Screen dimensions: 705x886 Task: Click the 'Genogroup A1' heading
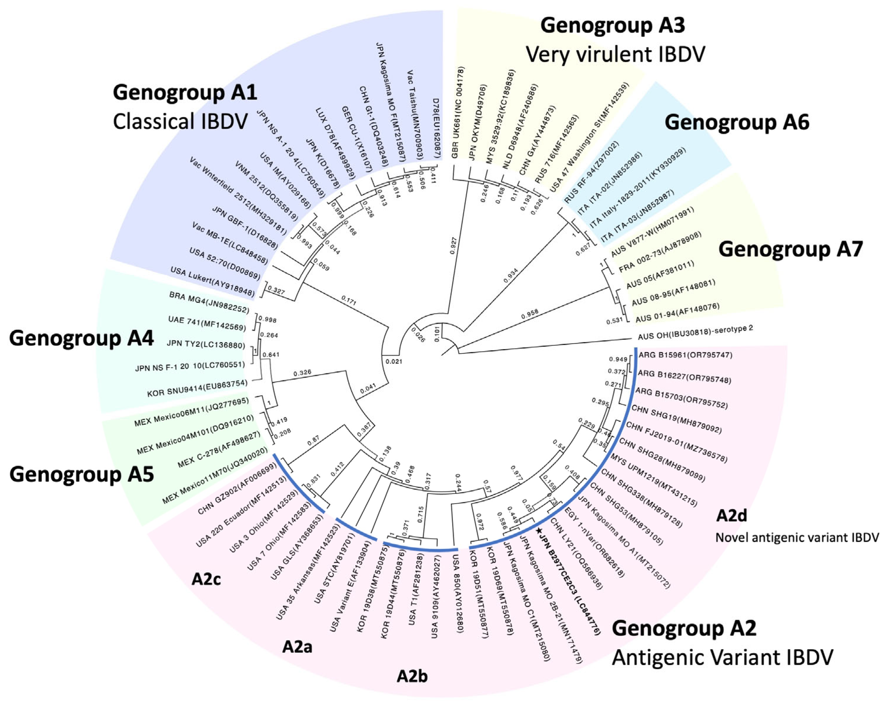[x=185, y=92]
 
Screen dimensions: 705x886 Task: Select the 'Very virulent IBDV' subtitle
[x=615, y=54]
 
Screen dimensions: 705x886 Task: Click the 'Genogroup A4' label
[x=81, y=338]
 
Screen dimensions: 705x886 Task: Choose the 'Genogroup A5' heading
[x=81, y=474]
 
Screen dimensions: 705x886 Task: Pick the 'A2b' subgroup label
[x=412, y=676]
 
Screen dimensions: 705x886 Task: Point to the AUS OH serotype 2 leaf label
[x=695, y=334]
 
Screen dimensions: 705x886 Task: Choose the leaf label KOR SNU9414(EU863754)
[x=197, y=388]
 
